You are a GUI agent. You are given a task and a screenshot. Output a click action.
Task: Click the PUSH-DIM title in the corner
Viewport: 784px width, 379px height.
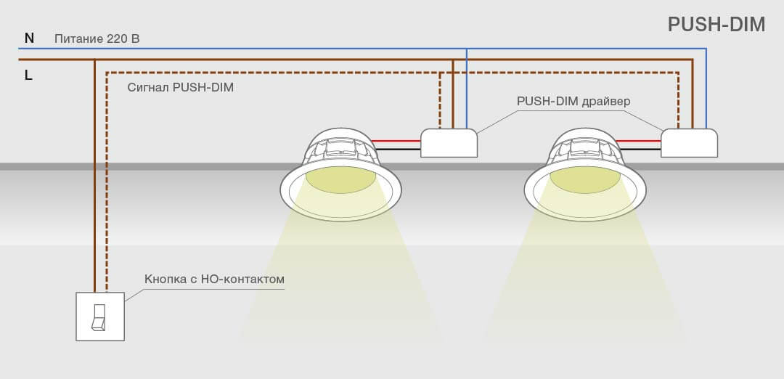tap(716, 24)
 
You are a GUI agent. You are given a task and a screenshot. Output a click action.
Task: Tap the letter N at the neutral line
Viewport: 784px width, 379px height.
tap(30, 38)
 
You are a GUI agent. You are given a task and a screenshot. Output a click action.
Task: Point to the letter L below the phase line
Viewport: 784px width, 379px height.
tap(28, 76)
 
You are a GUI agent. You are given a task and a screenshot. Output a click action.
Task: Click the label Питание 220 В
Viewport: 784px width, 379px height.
tap(97, 38)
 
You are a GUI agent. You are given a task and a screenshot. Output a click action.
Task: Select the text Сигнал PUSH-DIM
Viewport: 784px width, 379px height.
tap(181, 88)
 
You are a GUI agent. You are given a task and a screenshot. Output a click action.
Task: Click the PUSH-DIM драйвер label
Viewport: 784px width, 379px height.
tap(573, 102)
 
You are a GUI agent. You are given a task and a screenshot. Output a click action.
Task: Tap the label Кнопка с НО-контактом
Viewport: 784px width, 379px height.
tap(214, 279)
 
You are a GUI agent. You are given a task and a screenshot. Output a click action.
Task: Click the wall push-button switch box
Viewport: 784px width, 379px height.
tap(100, 317)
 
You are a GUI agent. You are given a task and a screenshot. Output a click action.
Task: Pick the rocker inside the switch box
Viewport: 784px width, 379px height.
tap(99, 317)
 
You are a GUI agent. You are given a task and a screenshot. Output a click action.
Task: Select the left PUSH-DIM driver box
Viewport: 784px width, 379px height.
tap(449, 143)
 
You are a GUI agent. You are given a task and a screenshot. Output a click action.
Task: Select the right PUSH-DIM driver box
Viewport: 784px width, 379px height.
tap(689, 143)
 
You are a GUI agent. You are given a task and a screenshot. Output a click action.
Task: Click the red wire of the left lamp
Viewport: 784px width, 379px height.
tap(396, 141)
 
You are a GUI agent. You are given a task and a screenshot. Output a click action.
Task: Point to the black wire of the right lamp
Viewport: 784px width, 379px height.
tap(640, 149)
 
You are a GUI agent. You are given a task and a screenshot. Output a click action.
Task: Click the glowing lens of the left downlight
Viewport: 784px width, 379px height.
tap(340, 180)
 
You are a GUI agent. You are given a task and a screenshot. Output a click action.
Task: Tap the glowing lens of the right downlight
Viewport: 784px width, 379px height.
tap(585, 180)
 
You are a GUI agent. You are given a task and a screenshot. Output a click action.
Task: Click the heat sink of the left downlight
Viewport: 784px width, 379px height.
tap(340, 147)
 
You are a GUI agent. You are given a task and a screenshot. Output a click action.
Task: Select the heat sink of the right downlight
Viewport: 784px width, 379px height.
tap(585, 147)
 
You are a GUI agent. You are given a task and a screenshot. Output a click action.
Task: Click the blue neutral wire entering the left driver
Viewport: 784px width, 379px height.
tap(467, 89)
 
